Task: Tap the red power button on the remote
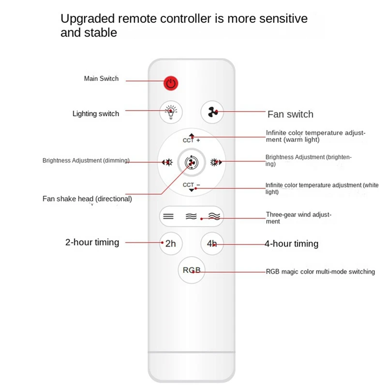click(x=170, y=83)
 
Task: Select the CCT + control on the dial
click(x=192, y=139)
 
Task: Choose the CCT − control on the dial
click(x=192, y=186)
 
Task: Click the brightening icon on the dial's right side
click(x=216, y=163)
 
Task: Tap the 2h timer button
click(x=171, y=243)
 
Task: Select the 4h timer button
click(x=212, y=243)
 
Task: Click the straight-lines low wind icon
click(x=168, y=216)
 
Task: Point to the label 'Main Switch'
click(x=101, y=78)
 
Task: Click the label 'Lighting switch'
click(x=96, y=114)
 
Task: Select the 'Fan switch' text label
click(x=290, y=114)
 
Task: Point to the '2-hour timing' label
click(x=92, y=242)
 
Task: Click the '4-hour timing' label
click(x=291, y=244)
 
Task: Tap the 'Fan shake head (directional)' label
click(x=87, y=199)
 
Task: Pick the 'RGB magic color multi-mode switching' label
click(x=320, y=272)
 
